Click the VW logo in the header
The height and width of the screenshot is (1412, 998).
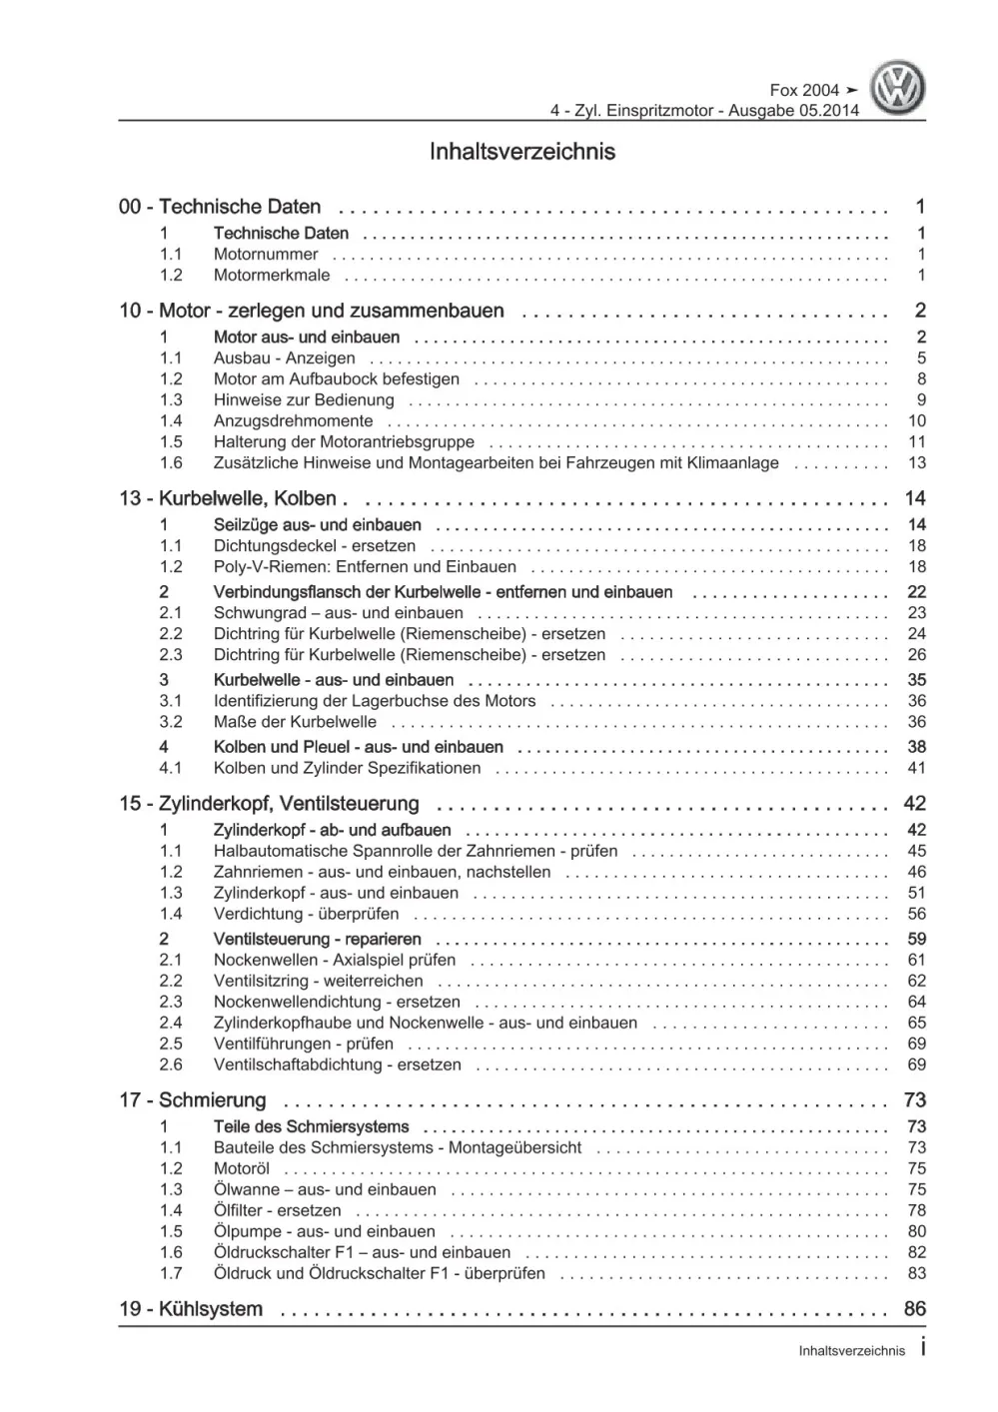tap(898, 88)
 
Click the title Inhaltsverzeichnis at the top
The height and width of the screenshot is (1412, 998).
tap(521, 152)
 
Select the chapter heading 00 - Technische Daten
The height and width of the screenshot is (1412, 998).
tap(220, 207)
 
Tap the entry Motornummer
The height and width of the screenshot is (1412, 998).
tap(266, 255)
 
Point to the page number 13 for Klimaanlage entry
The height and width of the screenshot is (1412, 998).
tap(916, 463)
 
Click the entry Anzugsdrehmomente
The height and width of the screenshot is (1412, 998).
tap(293, 421)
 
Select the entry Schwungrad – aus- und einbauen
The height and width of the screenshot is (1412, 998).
tap(338, 613)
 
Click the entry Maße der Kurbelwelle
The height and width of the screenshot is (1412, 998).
tap(295, 722)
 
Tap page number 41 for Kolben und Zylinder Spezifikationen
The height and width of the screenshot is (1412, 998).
tap(916, 768)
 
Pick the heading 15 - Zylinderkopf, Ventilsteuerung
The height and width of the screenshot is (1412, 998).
tap(269, 804)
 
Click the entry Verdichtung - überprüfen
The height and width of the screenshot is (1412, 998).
tap(306, 914)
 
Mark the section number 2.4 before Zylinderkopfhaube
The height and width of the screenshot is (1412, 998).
tap(171, 1023)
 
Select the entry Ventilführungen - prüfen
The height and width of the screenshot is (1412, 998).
tap(303, 1044)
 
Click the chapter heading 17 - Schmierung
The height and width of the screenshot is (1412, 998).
tap(193, 1100)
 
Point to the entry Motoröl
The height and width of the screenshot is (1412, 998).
tap(241, 1168)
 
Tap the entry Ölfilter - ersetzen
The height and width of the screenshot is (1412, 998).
tap(277, 1210)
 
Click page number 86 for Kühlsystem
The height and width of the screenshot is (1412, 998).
tap(914, 1309)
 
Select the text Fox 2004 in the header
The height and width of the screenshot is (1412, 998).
tap(804, 91)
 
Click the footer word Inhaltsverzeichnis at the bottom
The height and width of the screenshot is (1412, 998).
tap(851, 1351)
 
